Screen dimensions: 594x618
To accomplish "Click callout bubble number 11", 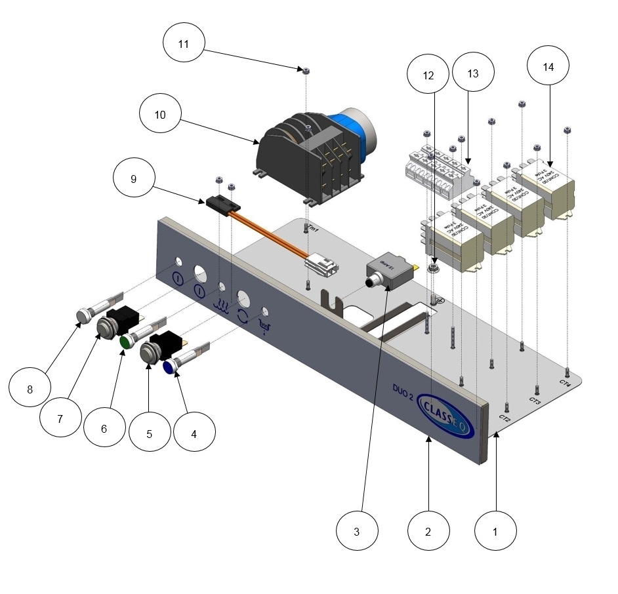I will [x=184, y=44].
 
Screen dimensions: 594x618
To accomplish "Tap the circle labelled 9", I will [x=134, y=178].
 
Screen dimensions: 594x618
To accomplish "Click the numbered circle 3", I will [x=356, y=532].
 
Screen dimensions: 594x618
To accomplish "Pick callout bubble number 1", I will [x=495, y=532].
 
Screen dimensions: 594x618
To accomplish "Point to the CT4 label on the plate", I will [x=566, y=381].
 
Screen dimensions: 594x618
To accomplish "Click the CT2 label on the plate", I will [x=504, y=418].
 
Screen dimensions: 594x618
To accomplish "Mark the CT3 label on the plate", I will [x=535, y=400].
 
